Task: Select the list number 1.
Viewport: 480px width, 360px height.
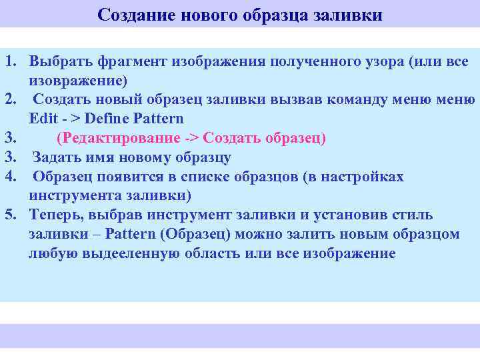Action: (11, 62)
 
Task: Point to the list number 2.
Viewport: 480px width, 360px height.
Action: (11, 100)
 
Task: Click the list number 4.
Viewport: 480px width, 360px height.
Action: (11, 177)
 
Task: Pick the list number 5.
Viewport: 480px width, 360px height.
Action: (11, 215)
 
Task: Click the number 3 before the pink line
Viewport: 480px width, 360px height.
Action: (11, 139)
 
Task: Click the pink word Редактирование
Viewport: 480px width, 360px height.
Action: (120, 139)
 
